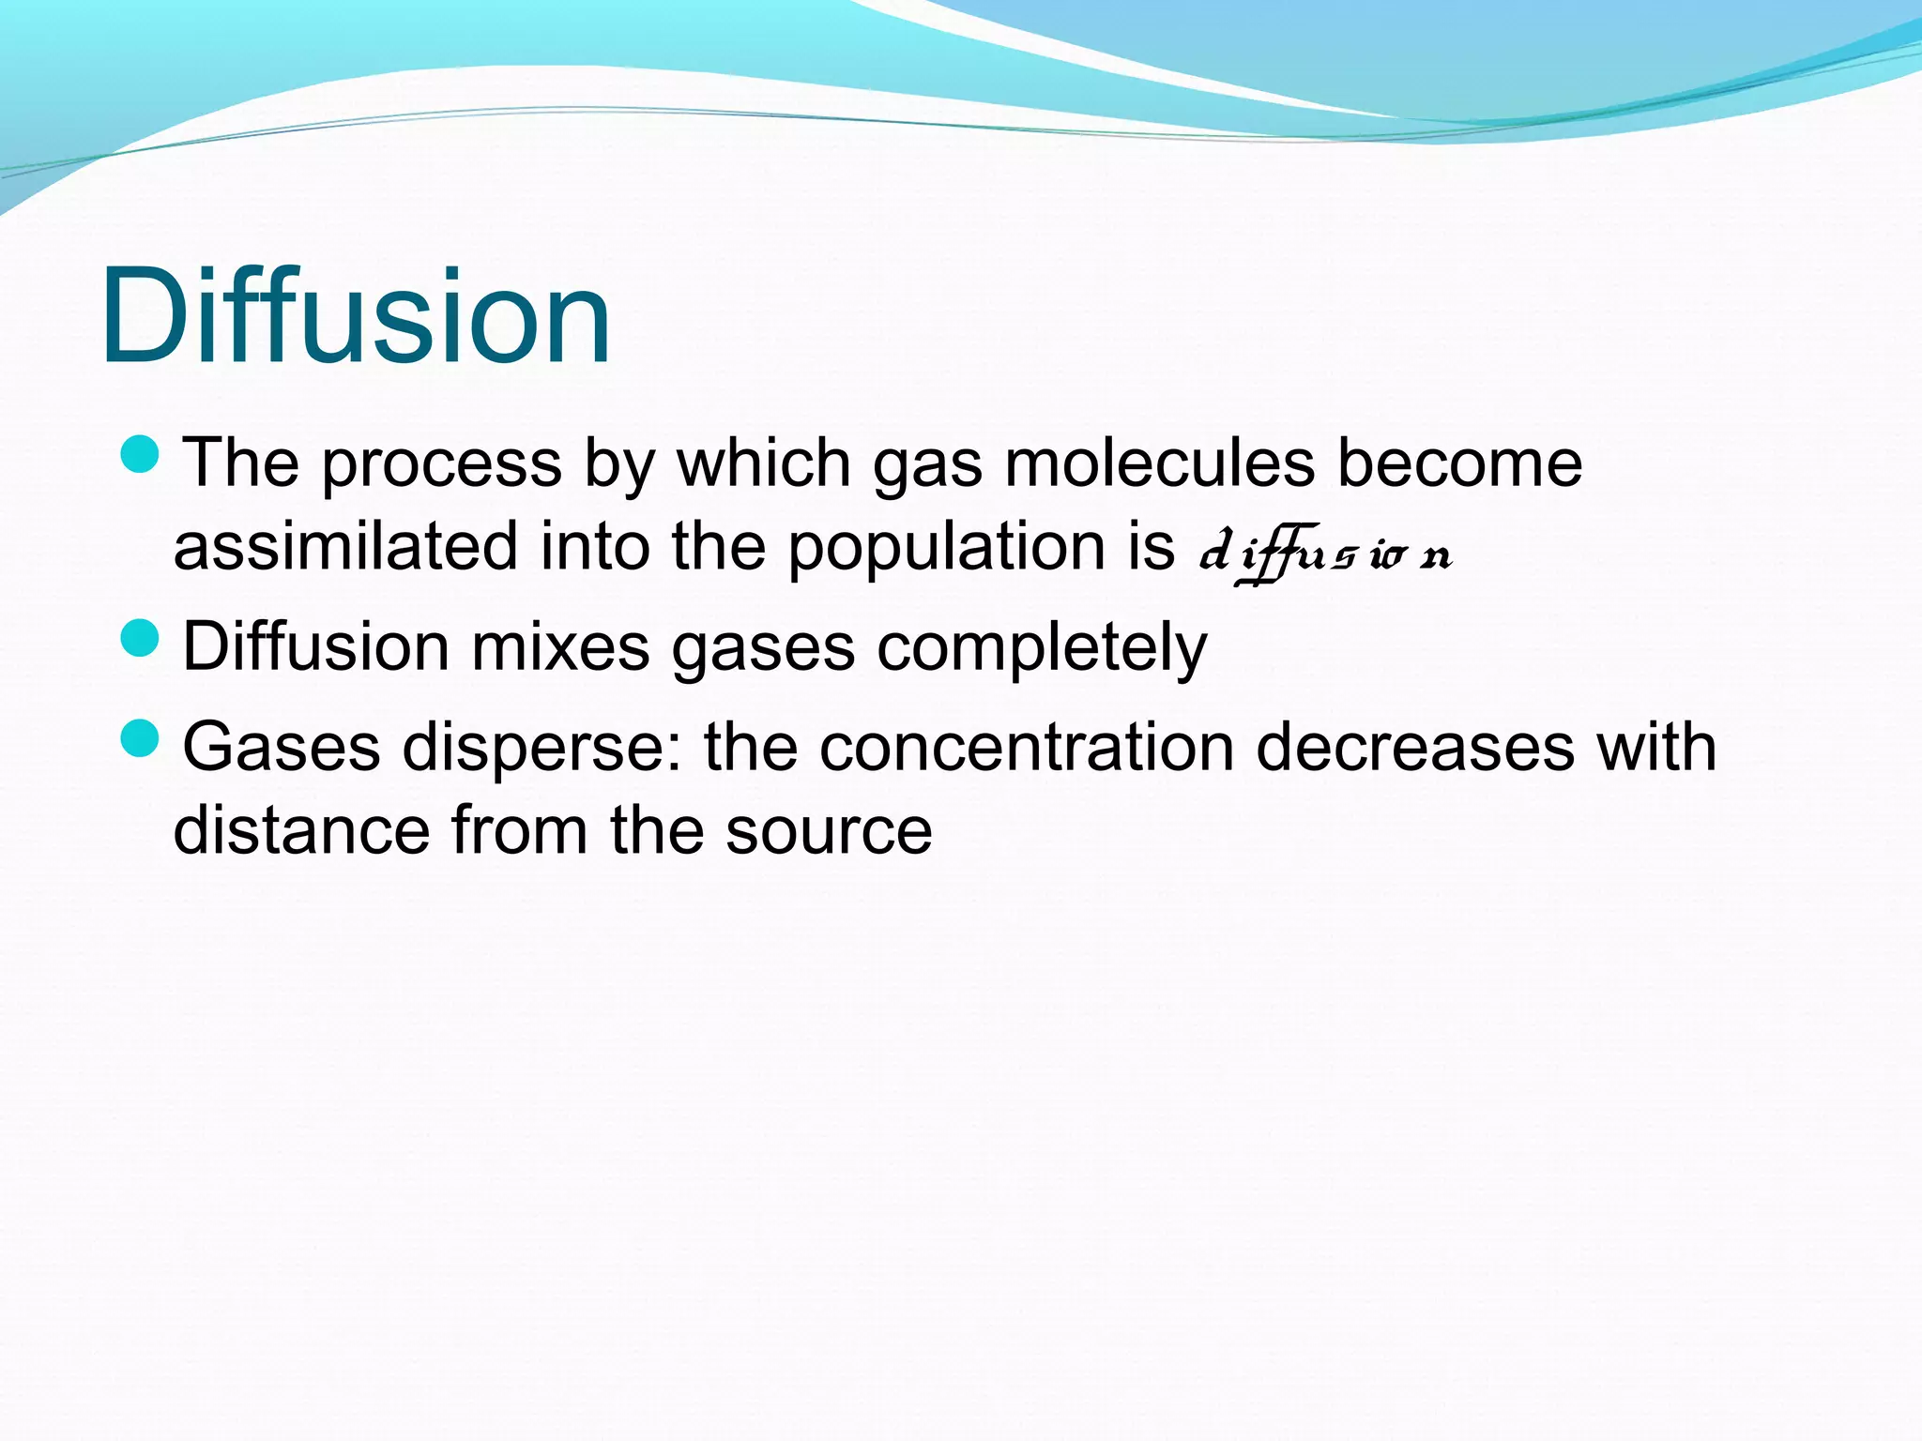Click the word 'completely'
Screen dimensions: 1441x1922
1042,648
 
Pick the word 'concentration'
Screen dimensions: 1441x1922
1026,748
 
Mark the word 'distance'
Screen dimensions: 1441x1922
300,830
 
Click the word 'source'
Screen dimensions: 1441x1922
829,832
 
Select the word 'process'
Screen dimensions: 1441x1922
441,465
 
